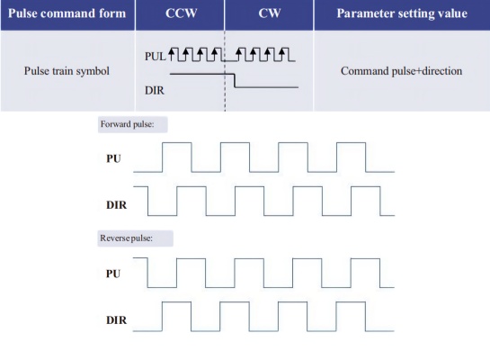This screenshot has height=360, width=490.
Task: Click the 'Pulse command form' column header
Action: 67,13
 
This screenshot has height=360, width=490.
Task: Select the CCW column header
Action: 182,13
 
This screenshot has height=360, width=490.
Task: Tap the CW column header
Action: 270,13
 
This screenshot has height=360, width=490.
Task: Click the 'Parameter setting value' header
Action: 402,13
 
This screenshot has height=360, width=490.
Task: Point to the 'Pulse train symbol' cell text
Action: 67,71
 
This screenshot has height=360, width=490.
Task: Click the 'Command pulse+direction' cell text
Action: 401,71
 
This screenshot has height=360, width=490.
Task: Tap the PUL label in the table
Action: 155,57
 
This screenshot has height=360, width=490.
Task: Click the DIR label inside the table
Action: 155,90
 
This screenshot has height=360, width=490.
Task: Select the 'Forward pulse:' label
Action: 127,124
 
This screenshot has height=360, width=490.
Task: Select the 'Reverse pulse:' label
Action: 126,238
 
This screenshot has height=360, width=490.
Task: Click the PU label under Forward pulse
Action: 113,158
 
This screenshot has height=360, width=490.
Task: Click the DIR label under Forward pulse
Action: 117,205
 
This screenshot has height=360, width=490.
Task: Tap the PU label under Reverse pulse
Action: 113,274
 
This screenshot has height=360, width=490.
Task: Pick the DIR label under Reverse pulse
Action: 117,320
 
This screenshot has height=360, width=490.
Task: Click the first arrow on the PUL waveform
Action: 171,54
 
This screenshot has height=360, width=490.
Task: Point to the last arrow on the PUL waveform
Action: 282,54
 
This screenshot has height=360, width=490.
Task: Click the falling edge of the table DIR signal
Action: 235,81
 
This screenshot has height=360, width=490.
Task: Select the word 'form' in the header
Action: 114,13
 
